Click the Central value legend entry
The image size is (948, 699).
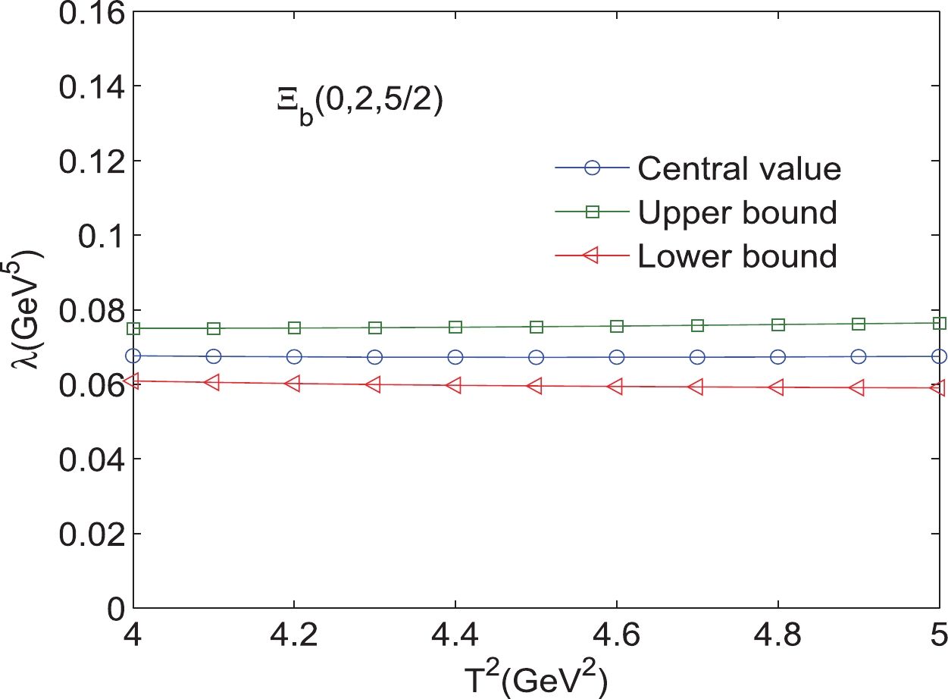tap(739, 168)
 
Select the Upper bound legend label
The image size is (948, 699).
tap(737, 213)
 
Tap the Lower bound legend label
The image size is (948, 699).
tap(737, 257)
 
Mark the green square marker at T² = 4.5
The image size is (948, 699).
tap(537, 327)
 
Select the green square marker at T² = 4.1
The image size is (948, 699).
tap(214, 328)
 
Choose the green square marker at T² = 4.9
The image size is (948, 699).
tap(859, 324)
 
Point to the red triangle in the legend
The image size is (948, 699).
tap(592, 257)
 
